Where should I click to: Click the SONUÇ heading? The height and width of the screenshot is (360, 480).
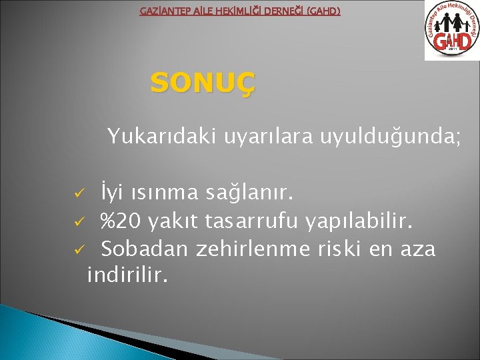pos(202,84)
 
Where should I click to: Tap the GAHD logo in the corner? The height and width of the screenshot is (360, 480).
pos(451,31)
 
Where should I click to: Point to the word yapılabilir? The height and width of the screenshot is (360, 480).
pos(362,221)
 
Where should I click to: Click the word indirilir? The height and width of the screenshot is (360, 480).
pos(127,274)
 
